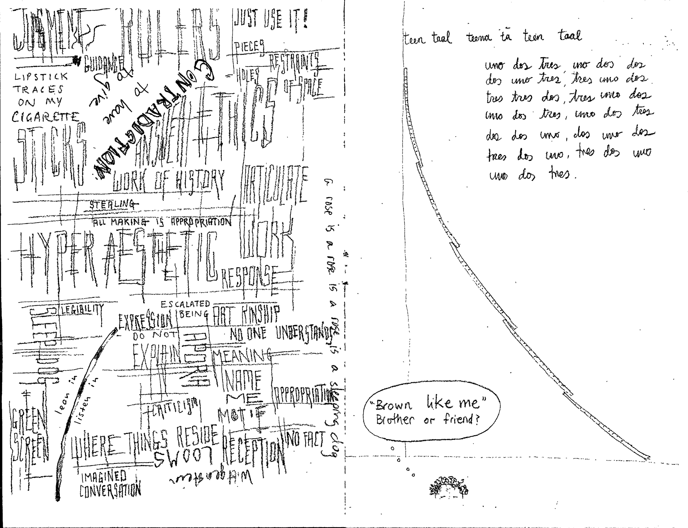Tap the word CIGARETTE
[x=45, y=117]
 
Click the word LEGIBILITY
[x=82, y=310]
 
